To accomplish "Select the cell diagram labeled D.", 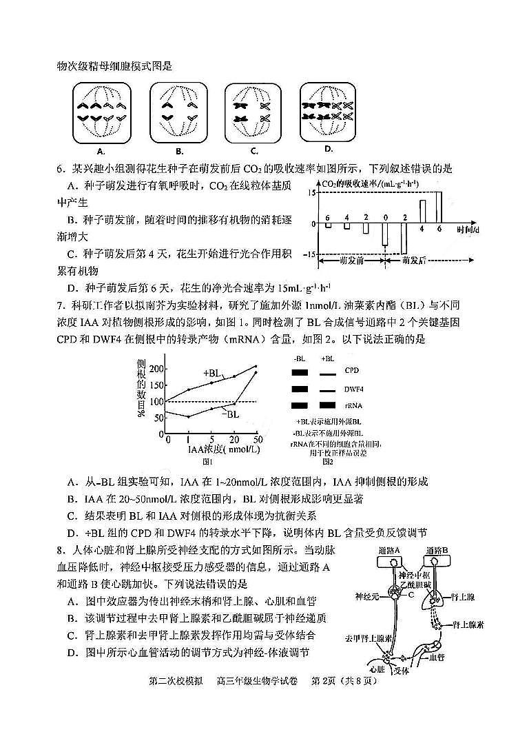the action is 328,112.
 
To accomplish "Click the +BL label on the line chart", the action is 211,373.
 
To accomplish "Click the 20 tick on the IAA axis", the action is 235,439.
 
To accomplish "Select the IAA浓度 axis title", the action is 214,450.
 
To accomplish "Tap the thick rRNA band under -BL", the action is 300,405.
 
